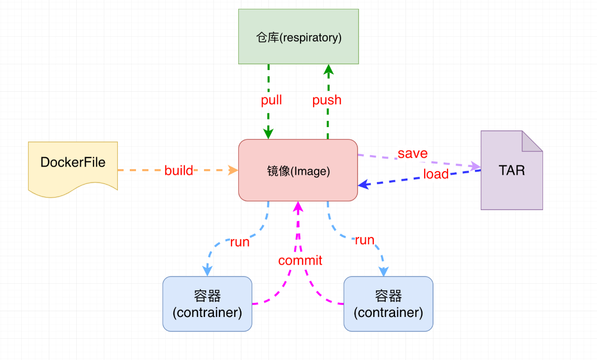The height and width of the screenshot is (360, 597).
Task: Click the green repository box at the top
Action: coord(298,36)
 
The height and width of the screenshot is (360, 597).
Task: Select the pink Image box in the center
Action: coord(298,170)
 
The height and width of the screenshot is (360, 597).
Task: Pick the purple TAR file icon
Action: coord(511,171)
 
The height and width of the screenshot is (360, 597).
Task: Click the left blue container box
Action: coord(207,304)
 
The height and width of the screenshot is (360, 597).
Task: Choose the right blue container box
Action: coord(388,304)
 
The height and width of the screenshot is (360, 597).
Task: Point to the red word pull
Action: coord(272,100)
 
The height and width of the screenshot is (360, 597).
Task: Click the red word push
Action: coord(327,100)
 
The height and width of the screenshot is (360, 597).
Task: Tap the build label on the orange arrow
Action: coord(179,170)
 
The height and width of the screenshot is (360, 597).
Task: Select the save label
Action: coord(413,154)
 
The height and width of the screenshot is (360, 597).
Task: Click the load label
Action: coord(436,174)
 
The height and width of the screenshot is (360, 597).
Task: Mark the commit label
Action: coord(300,260)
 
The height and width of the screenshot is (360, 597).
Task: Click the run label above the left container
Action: coord(239,242)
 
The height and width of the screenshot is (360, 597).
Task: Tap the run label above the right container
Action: coord(364,240)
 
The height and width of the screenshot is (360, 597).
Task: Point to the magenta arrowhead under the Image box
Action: coord(298,207)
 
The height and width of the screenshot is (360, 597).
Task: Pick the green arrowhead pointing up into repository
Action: coord(328,69)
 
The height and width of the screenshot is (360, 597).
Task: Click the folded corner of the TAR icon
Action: coord(532,141)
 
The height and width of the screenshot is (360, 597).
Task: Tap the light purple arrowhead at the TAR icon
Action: coord(475,166)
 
